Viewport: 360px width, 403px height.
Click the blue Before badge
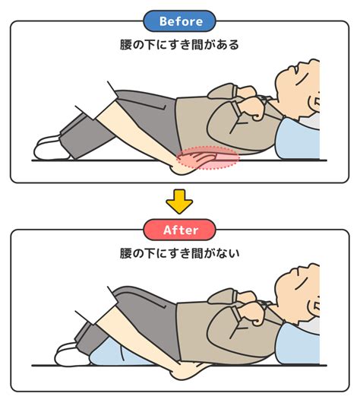click(179, 21)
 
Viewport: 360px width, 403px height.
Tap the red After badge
click(179, 230)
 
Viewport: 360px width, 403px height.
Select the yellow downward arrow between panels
click(179, 201)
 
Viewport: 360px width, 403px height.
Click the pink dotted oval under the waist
click(207, 157)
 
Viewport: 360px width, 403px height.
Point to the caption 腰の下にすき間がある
click(179, 45)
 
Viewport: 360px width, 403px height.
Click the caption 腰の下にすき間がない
click(179, 253)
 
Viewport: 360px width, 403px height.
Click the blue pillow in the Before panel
click(299, 139)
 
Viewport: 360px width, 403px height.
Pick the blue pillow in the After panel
click(299, 343)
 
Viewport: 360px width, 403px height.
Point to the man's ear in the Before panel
click(314, 102)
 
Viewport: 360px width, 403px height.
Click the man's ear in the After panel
click(314, 306)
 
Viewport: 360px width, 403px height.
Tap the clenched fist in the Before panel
click(251, 109)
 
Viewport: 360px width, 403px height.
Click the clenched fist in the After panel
click(251, 313)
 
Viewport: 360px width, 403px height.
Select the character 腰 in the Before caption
click(126, 45)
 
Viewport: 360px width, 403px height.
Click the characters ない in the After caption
click(227, 253)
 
